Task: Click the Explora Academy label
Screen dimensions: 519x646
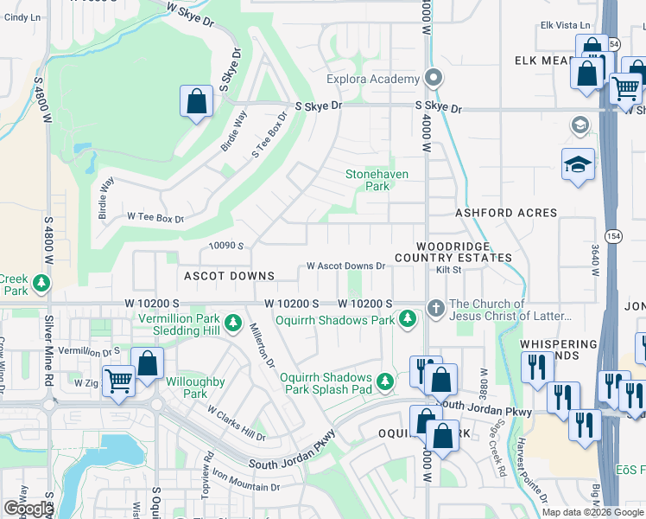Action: pyautogui.click(x=372, y=80)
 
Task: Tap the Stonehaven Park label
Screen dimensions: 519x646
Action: pyautogui.click(x=377, y=179)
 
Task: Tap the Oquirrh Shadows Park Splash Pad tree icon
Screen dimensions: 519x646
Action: pyautogui.click(x=389, y=381)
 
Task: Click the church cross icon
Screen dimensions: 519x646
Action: pyautogui.click(x=436, y=307)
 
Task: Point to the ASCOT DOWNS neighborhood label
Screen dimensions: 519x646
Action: pyautogui.click(x=229, y=276)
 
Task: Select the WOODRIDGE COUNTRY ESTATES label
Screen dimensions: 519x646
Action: pyautogui.click(x=453, y=252)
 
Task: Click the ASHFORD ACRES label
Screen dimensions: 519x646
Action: pyautogui.click(x=498, y=213)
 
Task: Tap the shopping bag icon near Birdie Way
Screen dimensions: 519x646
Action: pyautogui.click(x=196, y=101)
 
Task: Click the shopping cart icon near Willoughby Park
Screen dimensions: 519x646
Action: pyautogui.click(x=118, y=381)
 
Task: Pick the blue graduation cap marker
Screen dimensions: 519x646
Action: pyautogui.click(x=578, y=166)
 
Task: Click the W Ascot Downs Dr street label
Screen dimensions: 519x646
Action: pyautogui.click(x=345, y=266)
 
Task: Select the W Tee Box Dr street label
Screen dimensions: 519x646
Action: pyautogui.click(x=155, y=218)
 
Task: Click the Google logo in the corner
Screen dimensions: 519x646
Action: pyautogui.click(x=28, y=509)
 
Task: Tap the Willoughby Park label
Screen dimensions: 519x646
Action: pyautogui.click(x=195, y=388)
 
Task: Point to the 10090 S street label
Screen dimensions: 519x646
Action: pyautogui.click(x=228, y=246)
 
